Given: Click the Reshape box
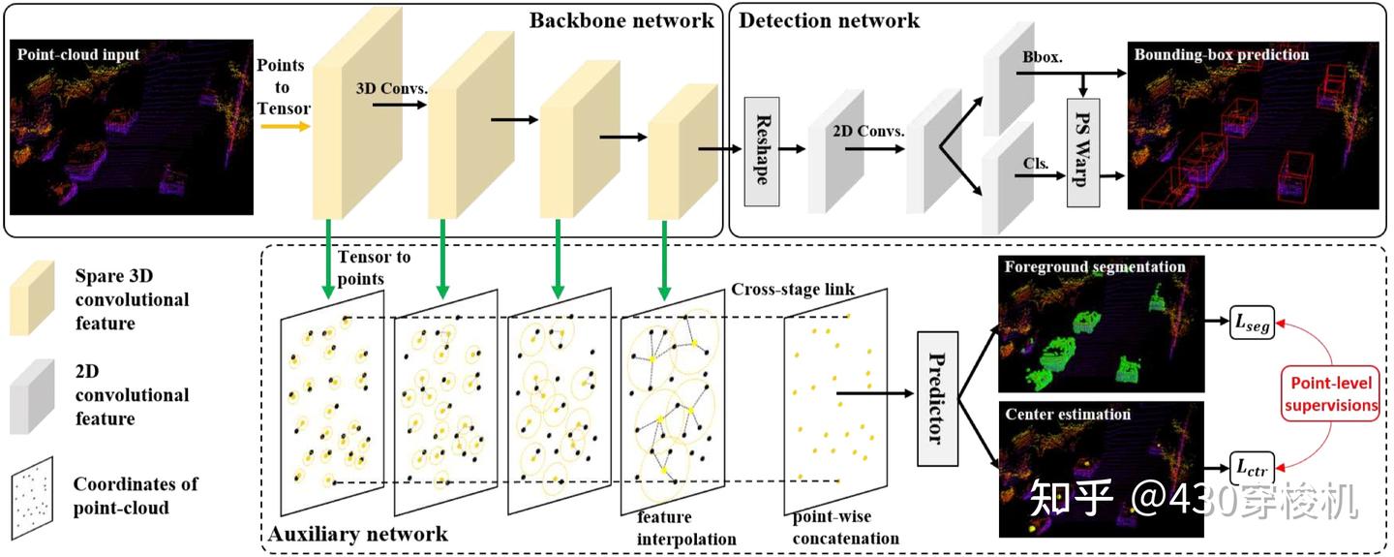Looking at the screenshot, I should point(761,150).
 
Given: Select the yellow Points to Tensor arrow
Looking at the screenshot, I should point(283,126).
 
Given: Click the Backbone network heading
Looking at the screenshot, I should point(621,19).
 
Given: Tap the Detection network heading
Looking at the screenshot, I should point(830,19).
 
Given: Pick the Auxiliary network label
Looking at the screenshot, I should point(357,534).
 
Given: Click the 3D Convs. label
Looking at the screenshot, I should point(391,86).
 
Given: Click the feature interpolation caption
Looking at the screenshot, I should point(686,529).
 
